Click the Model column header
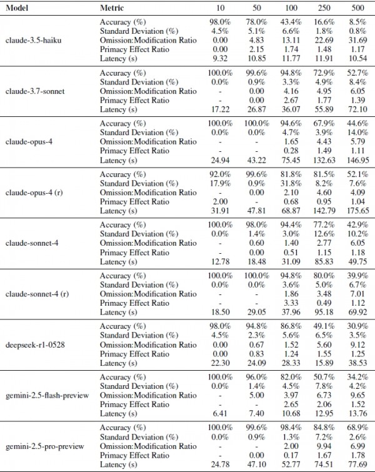[17, 8]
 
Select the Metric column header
[112, 8]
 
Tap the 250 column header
[324, 8]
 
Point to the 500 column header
[357, 8]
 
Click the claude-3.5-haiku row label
[33, 40]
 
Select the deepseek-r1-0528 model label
[35, 344]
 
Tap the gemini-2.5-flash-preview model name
[47, 395]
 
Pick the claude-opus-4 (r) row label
[34, 193]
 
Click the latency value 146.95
[357, 160]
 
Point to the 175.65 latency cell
[357, 211]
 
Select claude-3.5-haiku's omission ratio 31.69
[357, 40]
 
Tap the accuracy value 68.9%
[357, 428]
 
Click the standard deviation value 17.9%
[220, 183]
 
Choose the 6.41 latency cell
[220, 414]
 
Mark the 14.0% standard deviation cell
[357, 133]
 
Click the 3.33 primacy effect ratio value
[291, 303]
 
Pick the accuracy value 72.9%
[324, 73]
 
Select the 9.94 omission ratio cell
[324, 446]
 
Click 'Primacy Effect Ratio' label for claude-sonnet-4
[134, 253]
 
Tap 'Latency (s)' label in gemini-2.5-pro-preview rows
[119, 464]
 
